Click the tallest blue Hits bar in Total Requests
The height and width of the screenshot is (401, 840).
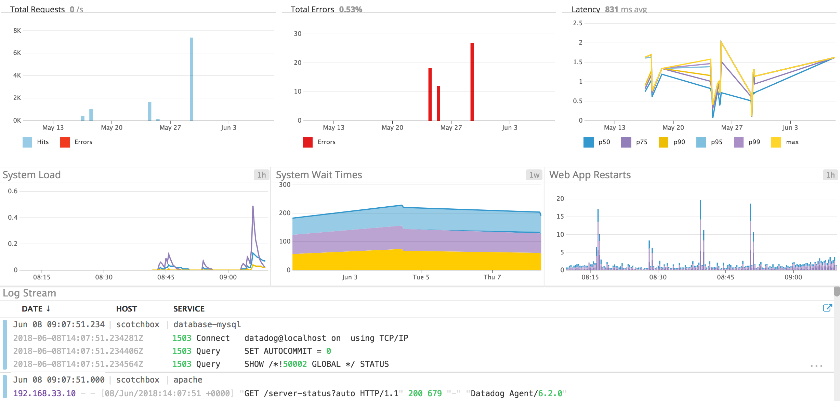coord(192,79)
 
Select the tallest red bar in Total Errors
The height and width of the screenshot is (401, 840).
coord(472,82)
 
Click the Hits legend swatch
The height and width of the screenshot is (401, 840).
coord(27,142)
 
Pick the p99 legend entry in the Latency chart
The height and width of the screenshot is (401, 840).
coord(748,142)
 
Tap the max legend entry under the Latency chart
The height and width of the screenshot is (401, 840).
coord(785,142)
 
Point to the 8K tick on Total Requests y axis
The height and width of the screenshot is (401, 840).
coord(17,31)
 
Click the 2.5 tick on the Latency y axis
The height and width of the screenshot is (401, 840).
coord(578,23)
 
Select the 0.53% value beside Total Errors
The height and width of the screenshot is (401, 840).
coord(351,10)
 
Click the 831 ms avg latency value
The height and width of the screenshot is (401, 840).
coord(626,10)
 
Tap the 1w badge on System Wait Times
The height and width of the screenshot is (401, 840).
coord(534,175)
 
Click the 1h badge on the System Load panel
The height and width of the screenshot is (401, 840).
coord(262,175)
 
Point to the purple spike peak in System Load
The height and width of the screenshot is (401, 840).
coord(253,206)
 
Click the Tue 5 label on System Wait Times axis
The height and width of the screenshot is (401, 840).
coord(421,277)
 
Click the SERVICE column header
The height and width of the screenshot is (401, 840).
coord(189,309)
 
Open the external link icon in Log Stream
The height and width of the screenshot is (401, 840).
coord(827,308)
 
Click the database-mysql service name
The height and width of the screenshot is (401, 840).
coord(207,324)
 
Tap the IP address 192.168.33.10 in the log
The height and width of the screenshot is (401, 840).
coord(44,393)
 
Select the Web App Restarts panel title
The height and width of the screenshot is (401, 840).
coord(590,175)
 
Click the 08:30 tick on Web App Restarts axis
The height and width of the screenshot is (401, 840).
coord(658,277)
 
